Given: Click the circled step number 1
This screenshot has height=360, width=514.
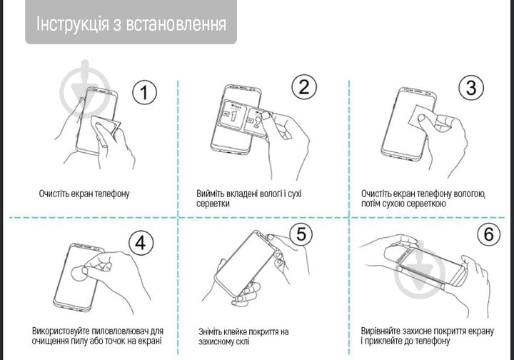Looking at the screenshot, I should click(145, 92).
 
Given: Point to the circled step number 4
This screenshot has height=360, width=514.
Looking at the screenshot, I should click(140, 243).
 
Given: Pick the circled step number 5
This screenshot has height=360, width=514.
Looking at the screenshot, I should click(300, 234).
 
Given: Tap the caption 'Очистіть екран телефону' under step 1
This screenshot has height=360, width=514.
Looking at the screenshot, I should click(84, 194).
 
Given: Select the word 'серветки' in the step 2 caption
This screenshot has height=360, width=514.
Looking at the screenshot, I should click(213, 204).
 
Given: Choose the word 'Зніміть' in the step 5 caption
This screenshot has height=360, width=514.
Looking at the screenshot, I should click(213, 332).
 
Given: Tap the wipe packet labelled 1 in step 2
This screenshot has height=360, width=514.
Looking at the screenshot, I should click(233, 114).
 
